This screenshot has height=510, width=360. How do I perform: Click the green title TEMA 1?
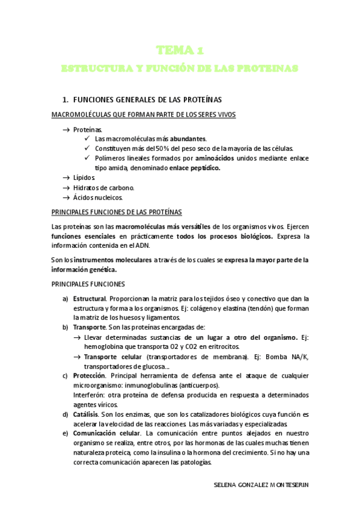point(180,49)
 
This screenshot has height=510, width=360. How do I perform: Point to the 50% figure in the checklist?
point(163,148)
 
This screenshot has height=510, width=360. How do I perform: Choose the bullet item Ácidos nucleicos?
point(97,197)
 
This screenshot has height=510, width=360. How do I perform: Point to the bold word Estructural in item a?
point(89,298)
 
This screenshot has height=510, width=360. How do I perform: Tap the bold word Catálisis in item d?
point(85,414)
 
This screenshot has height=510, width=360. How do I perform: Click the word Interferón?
point(90,395)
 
